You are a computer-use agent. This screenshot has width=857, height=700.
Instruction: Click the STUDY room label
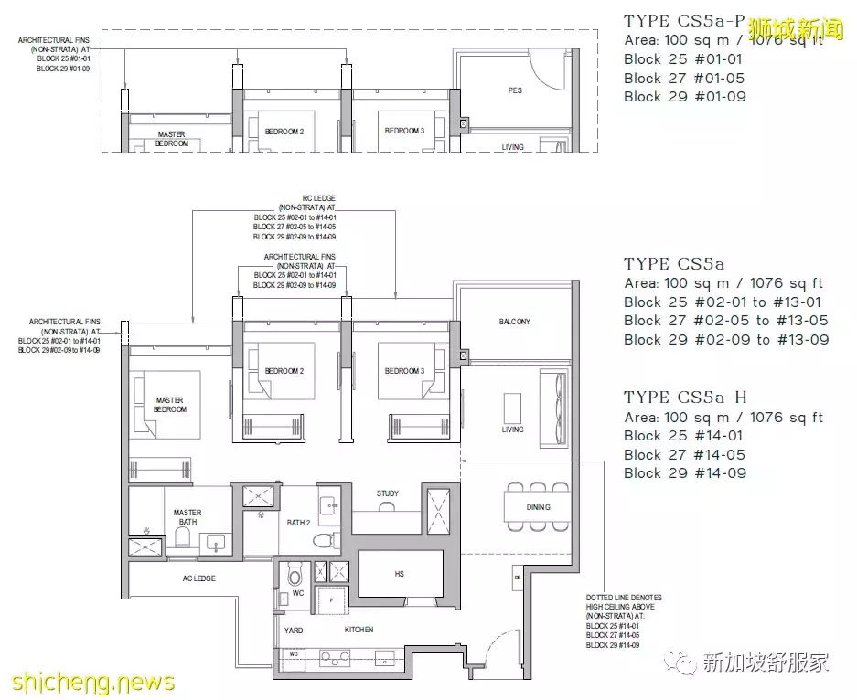pos(387,494)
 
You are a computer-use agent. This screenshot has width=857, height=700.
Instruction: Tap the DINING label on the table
pos(539,507)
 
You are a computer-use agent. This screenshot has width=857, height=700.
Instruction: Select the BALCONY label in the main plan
pos(514,322)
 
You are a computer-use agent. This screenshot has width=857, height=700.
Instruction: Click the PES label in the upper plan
pos(515,91)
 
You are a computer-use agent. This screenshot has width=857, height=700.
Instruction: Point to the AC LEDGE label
pos(198,578)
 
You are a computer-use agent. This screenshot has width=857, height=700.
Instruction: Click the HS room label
pos(400,575)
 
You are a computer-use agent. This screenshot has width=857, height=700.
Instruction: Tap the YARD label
pos(294,631)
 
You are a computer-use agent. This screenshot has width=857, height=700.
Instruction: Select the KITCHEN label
pos(359,631)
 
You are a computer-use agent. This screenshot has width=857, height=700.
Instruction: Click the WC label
pos(297,594)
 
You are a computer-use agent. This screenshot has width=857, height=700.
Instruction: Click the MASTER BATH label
pos(187,518)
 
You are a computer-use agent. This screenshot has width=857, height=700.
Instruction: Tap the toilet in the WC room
pos(295,575)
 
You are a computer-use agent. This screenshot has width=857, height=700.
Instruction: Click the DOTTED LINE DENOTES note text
pos(624,598)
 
